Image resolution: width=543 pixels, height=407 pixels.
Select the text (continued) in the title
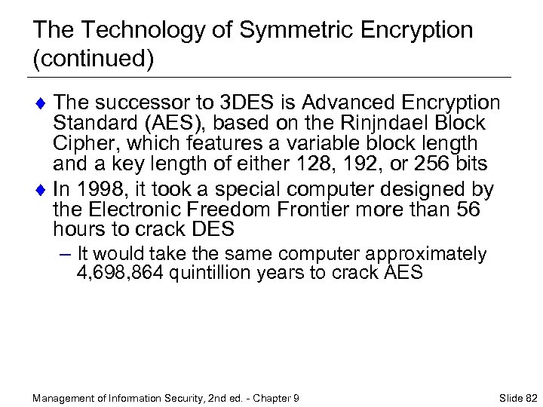(x=94, y=59)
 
